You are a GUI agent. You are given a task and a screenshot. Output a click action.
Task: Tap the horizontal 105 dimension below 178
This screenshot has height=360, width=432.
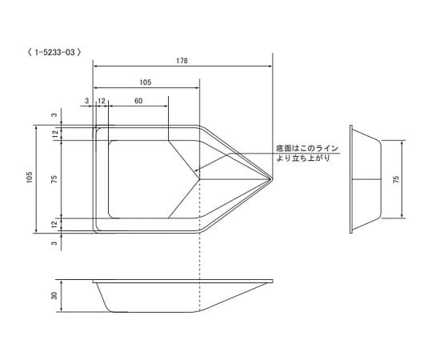(x=146, y=82)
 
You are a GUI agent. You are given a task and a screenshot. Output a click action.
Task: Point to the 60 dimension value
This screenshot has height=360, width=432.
(x=138, y=101)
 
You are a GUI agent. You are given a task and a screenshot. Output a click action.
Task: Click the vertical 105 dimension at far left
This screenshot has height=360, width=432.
(x=29, y=179)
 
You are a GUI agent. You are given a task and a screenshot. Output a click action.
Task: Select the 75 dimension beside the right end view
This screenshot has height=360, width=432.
(x=395, y=179)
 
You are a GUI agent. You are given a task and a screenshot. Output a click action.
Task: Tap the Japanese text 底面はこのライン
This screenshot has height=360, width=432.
(x=307, y=149)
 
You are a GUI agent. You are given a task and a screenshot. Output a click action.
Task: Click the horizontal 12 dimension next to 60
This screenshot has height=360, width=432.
(x=102, y=101)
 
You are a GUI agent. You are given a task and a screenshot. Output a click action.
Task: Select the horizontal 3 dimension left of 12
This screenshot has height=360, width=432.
(x=86, y=101)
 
